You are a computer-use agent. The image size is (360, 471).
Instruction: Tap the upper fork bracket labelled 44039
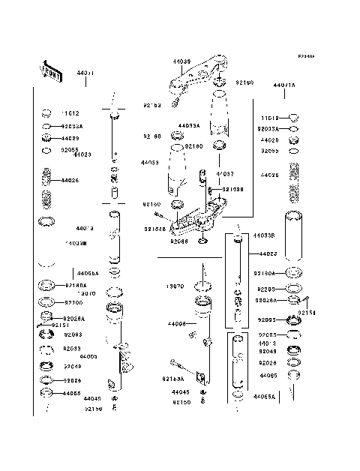click(x=199, y=76)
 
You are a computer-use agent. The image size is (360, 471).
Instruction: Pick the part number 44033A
click(x=189, y=126)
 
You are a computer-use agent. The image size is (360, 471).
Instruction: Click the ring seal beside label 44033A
click(x=178, y=135)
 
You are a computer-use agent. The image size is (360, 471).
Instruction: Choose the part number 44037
click(x=226, y=173)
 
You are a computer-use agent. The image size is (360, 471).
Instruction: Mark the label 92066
click(x=178, y=241)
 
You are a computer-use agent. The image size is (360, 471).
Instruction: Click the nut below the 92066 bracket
click(x=202, y=241)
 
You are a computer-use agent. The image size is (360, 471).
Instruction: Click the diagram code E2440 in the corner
click(x=304, y=56)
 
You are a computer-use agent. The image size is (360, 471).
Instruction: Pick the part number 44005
click(x=89, y=356)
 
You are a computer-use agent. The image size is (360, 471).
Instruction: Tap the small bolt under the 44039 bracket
click(x=178, y=96)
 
